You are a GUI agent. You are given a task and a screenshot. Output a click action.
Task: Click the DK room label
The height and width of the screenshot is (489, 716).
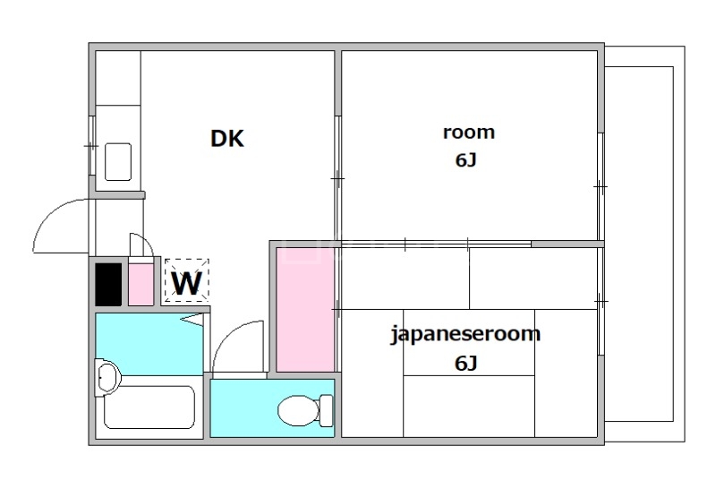227,139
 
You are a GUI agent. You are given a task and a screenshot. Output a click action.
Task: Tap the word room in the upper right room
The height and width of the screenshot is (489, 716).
469,132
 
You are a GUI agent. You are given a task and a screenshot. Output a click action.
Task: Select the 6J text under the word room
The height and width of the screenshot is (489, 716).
465,160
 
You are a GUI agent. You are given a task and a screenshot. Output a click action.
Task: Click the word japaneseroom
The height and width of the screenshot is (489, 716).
465,334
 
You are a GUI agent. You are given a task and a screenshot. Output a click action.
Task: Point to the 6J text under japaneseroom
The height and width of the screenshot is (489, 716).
465,364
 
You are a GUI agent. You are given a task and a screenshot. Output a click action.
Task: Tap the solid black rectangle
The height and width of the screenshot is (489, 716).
108,284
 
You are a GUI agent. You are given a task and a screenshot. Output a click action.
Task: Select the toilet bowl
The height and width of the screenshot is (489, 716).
299,410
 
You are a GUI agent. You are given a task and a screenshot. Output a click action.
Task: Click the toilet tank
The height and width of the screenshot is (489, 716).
327,410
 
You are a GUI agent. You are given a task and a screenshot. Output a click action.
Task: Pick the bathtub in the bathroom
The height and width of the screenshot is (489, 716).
149,407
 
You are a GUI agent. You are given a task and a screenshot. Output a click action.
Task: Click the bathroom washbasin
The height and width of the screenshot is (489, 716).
108,377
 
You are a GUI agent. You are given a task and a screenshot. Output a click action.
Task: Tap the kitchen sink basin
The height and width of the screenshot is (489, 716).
118,162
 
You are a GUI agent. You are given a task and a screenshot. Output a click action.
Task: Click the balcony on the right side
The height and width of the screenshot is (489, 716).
644,244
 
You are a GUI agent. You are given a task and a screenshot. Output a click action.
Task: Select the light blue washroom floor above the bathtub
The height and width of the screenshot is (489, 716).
149,344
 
